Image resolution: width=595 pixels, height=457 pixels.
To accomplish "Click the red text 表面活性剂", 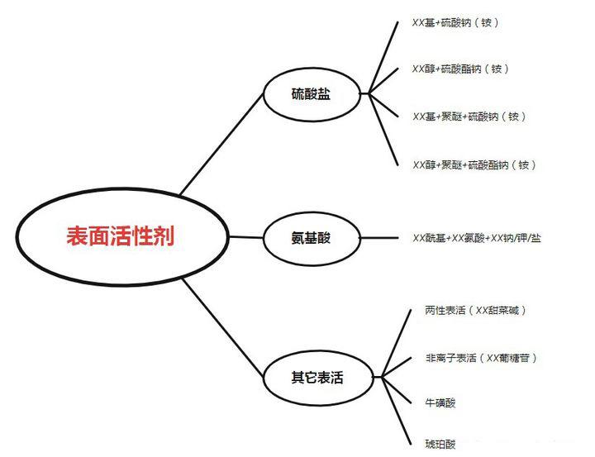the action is coord(121,236).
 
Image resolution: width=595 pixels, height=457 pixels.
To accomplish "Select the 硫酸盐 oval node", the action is coord(312,94).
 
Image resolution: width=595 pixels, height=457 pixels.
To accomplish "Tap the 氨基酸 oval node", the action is coord(312,238).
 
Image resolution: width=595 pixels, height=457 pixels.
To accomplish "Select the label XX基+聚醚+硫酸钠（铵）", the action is coord(469,117).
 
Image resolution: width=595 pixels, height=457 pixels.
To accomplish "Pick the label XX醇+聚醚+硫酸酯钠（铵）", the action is coord(474,164).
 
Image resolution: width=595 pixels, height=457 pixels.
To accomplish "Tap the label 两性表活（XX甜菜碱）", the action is coord(475,310).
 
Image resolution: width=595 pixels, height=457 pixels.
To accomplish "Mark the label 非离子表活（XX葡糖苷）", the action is coord(481,358).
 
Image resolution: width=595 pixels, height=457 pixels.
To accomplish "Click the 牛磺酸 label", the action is coord(440,402).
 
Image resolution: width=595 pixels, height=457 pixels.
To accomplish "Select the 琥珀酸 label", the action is coord(440,444).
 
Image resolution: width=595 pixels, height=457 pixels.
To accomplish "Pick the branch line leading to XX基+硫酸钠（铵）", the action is coord(388,54).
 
